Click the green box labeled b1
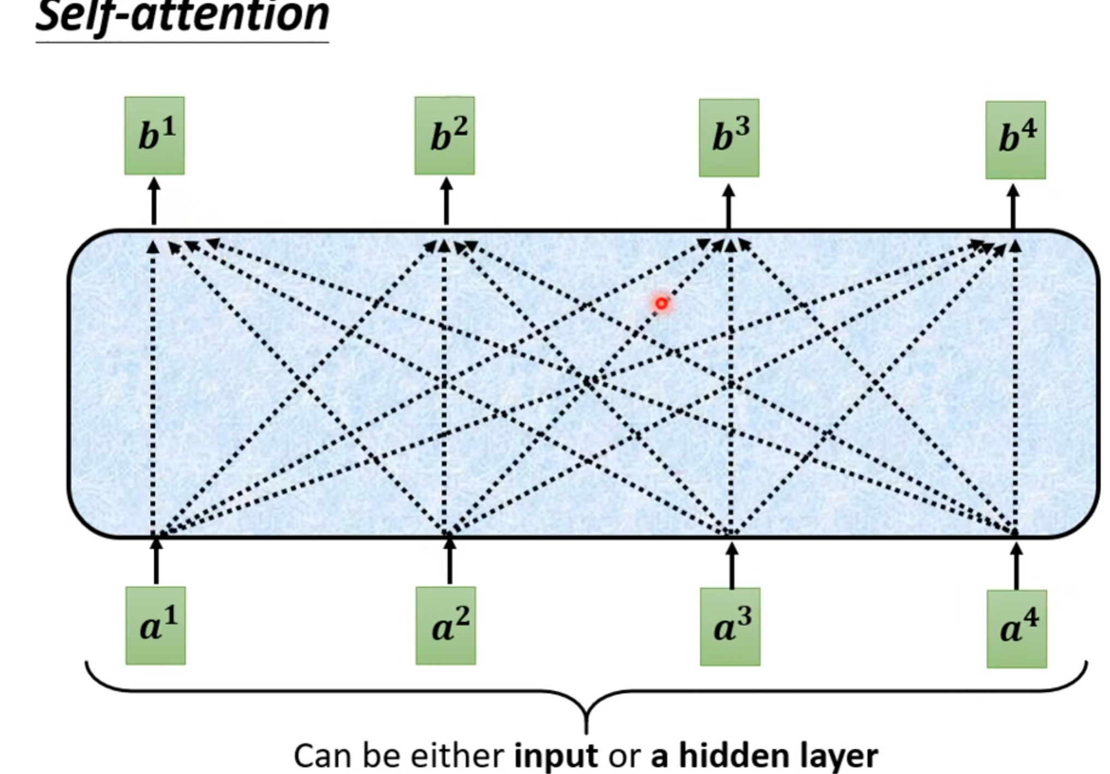click(x=154, y=136)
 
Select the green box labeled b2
click(x=445, y=136)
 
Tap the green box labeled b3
click(x=729, y=138)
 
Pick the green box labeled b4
click(x=1016, y=140)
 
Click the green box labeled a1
click(x=156, y=626)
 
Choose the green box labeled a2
click(x=446, y=626)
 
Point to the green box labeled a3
click(x=730, y=627)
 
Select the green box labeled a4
click(x=1017, y=629)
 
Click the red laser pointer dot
click(x=661, y=303)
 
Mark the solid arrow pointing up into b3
click(x=729, y=206)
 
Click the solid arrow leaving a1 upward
click(x=157, y=562)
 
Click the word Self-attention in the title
click(x=182, y=16)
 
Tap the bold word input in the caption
click(x=556, y=756)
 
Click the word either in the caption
click(x=457, y=756)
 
